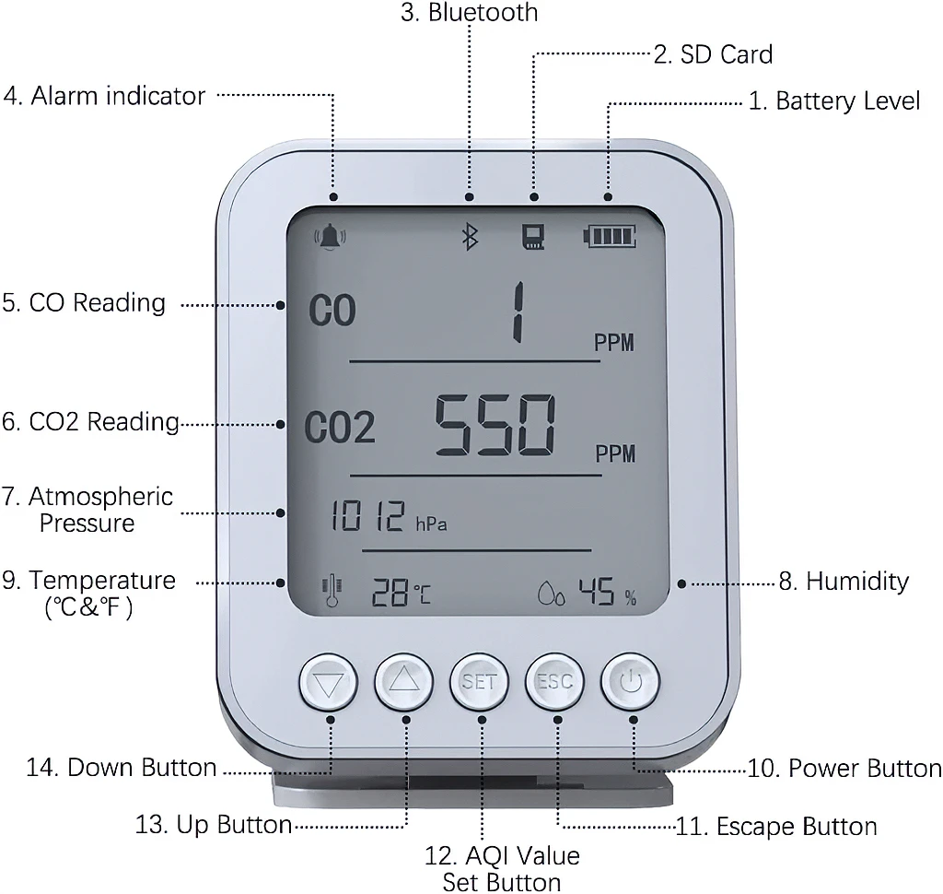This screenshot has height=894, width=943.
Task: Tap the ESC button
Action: [x=555, y=683]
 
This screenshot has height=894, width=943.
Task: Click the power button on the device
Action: [x=631, y=683]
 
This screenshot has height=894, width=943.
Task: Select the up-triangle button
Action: [x=404, y=683]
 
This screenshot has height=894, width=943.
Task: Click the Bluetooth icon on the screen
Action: [x=469, y=237]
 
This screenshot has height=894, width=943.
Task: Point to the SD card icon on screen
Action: [x=533, y=238]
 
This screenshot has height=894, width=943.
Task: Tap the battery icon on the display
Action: [x=609, y=238]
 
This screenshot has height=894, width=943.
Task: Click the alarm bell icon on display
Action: [x=331, y=237]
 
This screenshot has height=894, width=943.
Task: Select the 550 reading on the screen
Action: [x=496, y=427]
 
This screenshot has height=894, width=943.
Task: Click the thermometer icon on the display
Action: [x=331, y=593]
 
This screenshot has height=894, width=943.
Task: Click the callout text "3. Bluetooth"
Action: [x=470, y=13]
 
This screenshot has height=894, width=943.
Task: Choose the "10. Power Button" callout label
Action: [x=844, y=768]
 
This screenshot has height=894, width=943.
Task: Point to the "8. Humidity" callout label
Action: [x=844, y=582]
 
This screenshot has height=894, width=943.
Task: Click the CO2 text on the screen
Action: [x=340, y=429]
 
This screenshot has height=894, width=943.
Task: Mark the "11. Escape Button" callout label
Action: [x=776, y=826]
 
